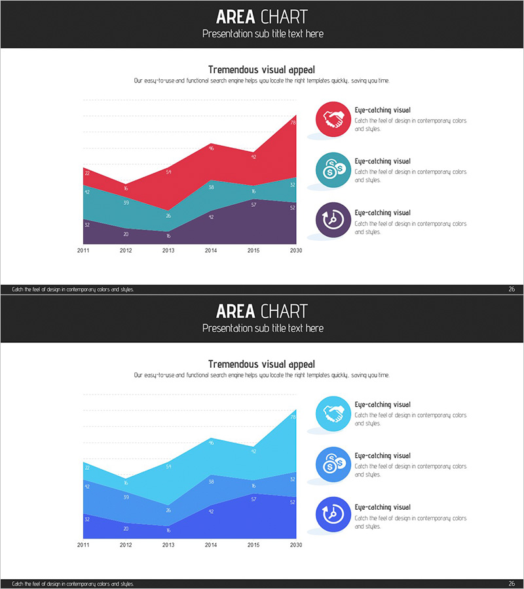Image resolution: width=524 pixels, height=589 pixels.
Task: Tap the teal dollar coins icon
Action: (333, 170)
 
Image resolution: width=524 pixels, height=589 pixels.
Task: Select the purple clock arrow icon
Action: (333, 221)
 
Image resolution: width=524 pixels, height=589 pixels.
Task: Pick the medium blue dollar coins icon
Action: (333, 464)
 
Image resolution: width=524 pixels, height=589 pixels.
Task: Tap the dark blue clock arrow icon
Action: (333, 515)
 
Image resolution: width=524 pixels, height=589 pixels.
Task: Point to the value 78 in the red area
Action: (292, 122)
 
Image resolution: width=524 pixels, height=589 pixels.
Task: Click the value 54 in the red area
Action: (168, 172)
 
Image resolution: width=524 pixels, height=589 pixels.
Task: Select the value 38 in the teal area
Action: (211, 187)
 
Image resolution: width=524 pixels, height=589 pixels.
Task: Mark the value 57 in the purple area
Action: (253, 205)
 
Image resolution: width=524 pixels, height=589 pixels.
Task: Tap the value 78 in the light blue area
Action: (292, 417)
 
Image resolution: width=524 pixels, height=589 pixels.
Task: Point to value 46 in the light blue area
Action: (211, 443)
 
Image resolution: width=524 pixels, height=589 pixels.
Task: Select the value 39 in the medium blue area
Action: (126, 497)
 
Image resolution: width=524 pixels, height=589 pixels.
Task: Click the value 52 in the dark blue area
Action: (292, 502)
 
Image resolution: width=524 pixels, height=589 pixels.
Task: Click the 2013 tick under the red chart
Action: (168, 251)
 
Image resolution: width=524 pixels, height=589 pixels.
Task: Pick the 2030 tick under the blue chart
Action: (295, 544)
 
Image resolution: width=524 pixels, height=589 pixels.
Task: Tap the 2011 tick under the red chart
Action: (83, 251)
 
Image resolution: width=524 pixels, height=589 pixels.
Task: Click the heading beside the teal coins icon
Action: (383, 161)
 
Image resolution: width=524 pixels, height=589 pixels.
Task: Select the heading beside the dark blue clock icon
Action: (383, 507)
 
